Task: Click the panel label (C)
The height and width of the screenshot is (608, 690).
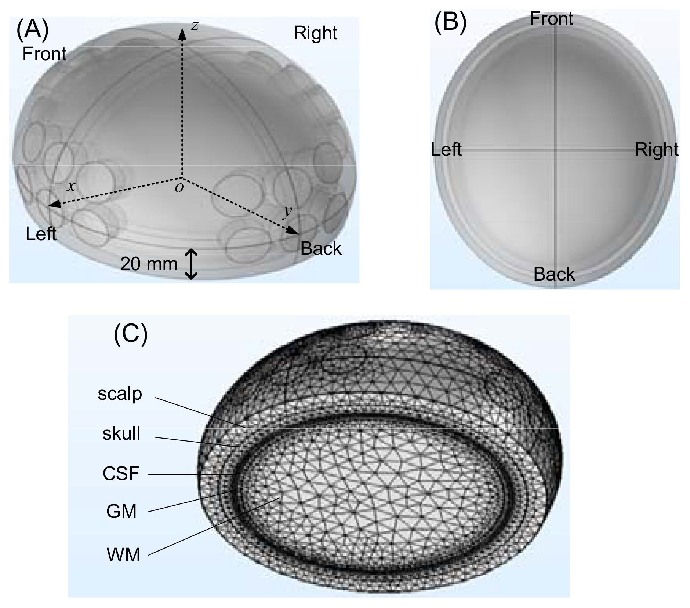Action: pos(131,334)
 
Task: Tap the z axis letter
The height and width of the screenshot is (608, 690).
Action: pos(195,25)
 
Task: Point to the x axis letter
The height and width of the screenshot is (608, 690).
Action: pos(71,187)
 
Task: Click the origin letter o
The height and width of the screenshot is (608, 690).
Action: pos(179,187)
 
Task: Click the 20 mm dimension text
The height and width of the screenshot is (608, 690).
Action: pos(149,264)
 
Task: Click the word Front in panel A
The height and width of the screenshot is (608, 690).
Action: pos(44,54)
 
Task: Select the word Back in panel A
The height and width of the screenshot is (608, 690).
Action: pos(321,249)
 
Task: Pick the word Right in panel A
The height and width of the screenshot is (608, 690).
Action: pos(315,33)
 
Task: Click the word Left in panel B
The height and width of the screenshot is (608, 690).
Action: pos(446,150)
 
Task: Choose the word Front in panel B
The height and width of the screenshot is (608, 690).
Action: pos(551,18)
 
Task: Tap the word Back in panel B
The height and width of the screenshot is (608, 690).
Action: pos(554,274)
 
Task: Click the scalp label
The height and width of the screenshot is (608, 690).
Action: pos(120,394)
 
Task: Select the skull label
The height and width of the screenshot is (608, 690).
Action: pos(121,434)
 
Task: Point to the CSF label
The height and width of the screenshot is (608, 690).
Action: pos(121,473)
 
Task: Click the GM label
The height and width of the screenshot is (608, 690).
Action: pos(121,511)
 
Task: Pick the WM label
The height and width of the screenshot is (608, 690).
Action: pos(123,555)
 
